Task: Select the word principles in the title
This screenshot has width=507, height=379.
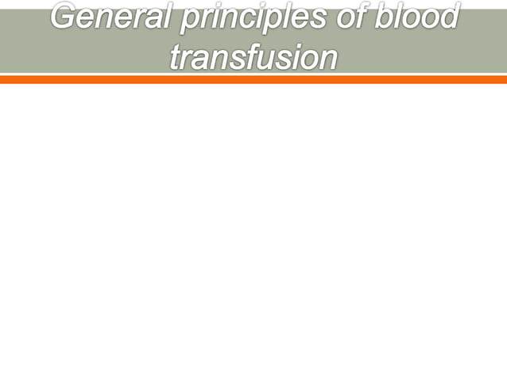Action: coord(257,18)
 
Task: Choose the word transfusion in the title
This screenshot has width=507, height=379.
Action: coord(253,56)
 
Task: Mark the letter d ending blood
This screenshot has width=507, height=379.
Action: coord(450,17)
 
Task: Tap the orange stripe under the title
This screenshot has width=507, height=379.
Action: coord(253,79)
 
